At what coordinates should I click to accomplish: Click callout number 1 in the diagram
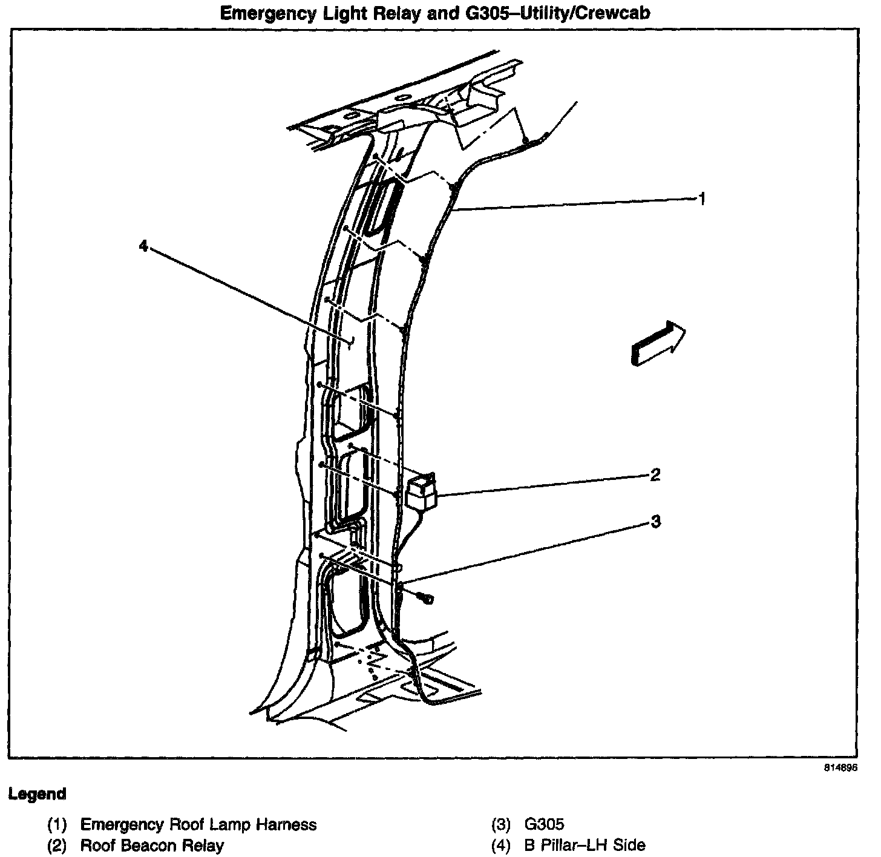pos(702,198)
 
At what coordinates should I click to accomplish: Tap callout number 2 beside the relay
pos(655,475)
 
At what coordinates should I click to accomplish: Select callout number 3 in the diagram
pos(655,521)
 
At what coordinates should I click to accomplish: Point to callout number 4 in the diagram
pos(143,246)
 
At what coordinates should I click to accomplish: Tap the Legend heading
pos(38,793)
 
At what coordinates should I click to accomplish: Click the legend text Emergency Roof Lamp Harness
pos(198,824)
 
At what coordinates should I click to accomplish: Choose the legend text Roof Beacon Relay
pos(152,846)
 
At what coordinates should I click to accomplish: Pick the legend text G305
pos(544,824)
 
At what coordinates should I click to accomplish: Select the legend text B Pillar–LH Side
pos(585,846)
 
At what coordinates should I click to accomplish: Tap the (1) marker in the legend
pos(57,824)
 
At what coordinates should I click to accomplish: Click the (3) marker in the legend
pos(501,824)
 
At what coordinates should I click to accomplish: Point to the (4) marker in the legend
pos(501,846)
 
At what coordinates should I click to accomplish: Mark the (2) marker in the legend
pos(57,846)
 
